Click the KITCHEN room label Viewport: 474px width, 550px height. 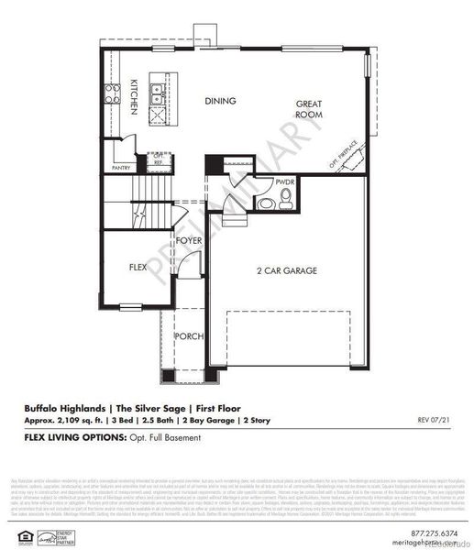[134, 96]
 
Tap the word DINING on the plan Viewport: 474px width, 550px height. [220, 101]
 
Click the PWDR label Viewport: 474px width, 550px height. [283, 182]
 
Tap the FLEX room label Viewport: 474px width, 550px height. [138, 268]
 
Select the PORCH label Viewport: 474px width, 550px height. [190, 335]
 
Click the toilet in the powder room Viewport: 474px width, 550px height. [266, 203]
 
